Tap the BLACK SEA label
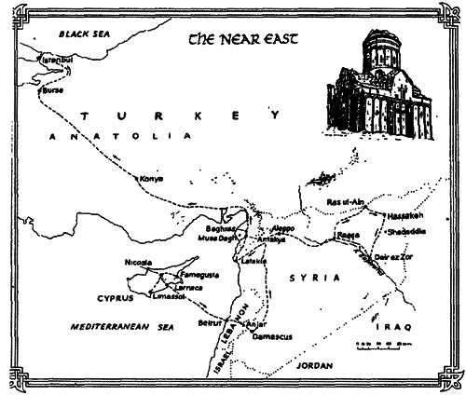click(x=85, y=34)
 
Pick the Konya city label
click(x=151, y=178)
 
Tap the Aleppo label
click(x=281, y=228)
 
